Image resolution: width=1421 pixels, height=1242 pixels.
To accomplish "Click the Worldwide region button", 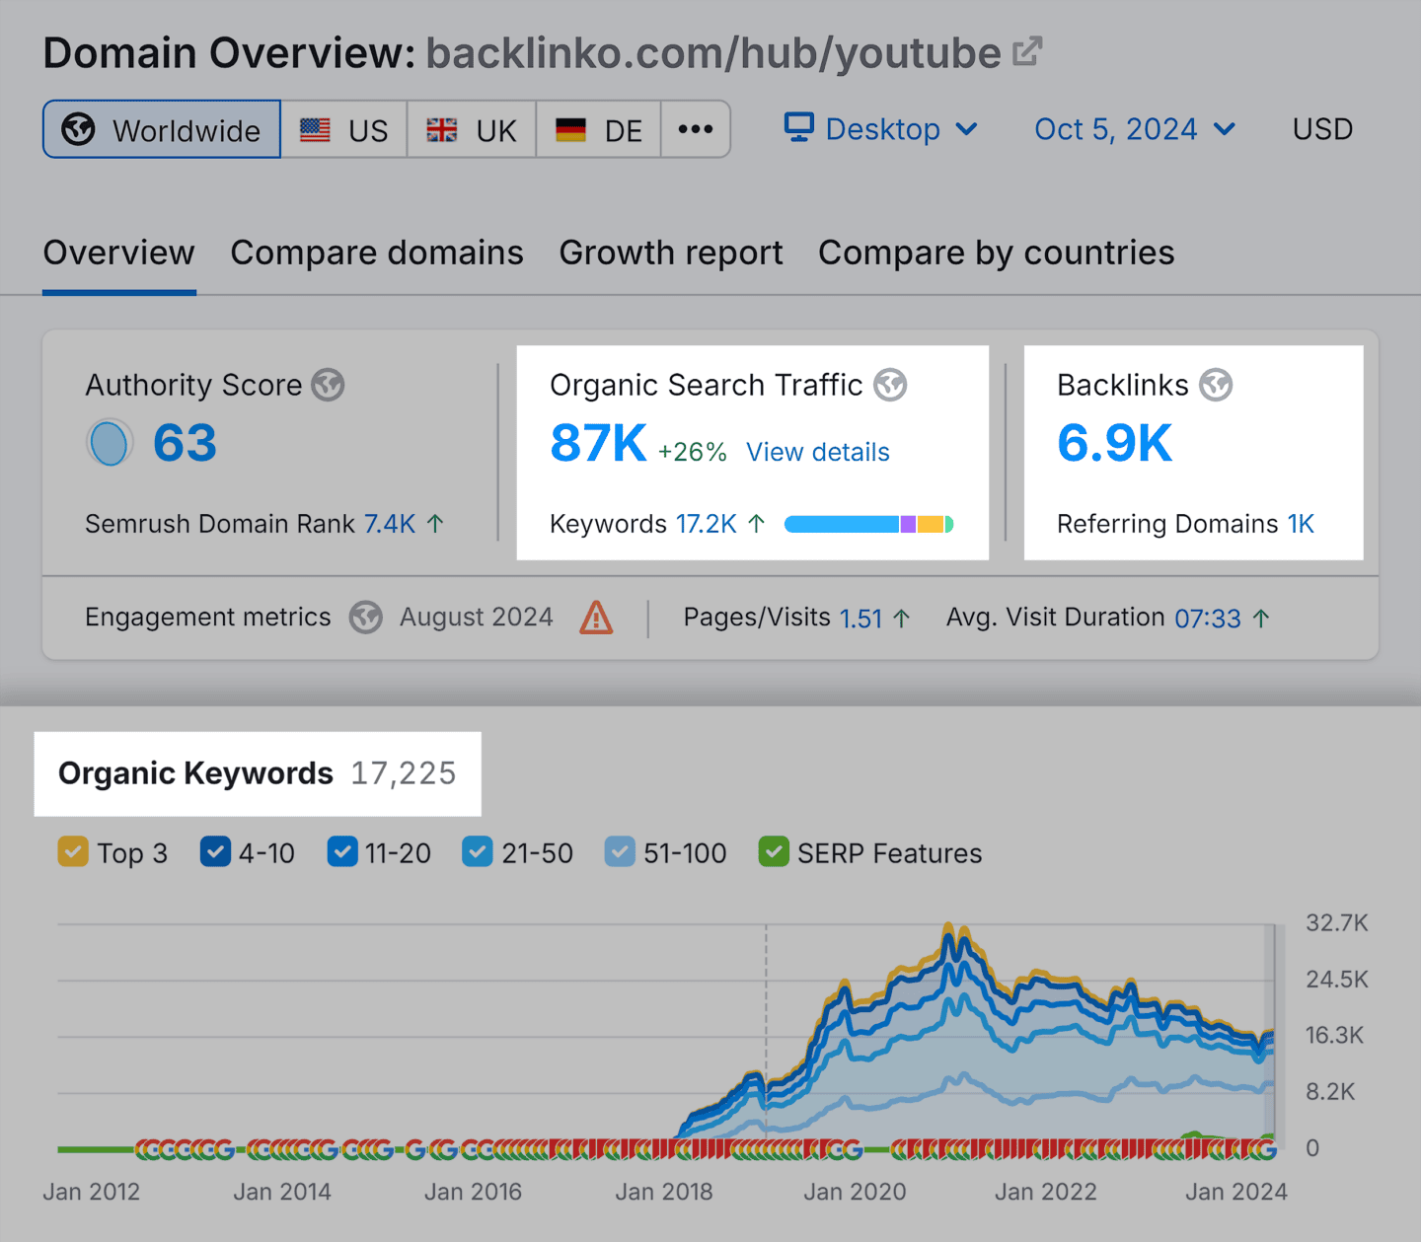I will point(162,129).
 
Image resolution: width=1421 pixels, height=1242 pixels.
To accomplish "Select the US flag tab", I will point(344,129).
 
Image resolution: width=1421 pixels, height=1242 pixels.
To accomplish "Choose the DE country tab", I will point(599,129).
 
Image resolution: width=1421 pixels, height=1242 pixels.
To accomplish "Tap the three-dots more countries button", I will point(696,129).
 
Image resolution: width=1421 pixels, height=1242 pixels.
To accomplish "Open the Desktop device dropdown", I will point(881,129).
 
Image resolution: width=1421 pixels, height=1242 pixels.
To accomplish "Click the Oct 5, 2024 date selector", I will point(1134,129).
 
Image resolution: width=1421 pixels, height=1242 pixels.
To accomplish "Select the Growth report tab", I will point(670,254).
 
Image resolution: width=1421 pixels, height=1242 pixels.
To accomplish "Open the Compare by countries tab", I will point(996,254).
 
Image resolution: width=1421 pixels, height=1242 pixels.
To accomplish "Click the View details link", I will point(817,452).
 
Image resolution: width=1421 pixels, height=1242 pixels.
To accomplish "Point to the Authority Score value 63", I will point(185,443).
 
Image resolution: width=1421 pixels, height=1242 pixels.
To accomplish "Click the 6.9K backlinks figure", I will point(1114,443).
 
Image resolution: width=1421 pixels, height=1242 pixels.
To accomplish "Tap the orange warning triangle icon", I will point(596,619).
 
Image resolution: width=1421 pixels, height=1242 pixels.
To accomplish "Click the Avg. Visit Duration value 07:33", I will point(1207,619).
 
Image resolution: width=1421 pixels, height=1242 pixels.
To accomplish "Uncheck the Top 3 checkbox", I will point(73,852).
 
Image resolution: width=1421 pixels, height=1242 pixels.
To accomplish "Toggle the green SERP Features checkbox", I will point(774,852).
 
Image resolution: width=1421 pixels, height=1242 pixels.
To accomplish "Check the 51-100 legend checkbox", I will point(620,852).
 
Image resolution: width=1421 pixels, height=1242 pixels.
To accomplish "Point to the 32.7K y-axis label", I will point(1336,923).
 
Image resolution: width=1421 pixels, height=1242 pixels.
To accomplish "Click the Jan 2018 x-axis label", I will point(663,1192).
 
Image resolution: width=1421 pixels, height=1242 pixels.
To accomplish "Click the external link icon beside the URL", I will point(1027,51).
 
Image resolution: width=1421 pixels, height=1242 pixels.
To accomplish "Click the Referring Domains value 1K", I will point(1301,524).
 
